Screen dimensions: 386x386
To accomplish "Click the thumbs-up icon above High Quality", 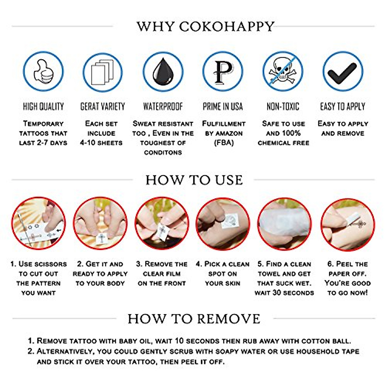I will (43, 71).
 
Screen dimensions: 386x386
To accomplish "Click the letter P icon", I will (223, 71).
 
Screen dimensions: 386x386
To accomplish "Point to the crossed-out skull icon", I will (283, 71).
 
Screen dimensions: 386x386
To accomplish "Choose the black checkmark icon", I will (343, 71).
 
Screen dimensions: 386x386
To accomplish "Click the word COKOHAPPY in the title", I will (227, 26).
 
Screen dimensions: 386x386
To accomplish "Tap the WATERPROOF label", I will (163, 106).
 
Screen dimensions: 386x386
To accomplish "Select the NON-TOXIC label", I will (283, 106).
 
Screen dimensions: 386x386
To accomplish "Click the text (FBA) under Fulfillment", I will (224, 142).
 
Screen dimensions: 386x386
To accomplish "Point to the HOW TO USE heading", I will (194, 180).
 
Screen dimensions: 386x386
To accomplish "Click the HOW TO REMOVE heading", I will (194, 319).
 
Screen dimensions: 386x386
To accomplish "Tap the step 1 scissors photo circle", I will (38, 224).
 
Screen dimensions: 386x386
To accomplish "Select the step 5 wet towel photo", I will (284, 224).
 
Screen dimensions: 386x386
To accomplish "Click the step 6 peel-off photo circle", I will (347, 224).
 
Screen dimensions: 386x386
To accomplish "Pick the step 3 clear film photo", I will (162, 224).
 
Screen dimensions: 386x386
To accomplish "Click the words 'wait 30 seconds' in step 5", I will (284, 293).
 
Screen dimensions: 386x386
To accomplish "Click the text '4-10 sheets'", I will (101, 142).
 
